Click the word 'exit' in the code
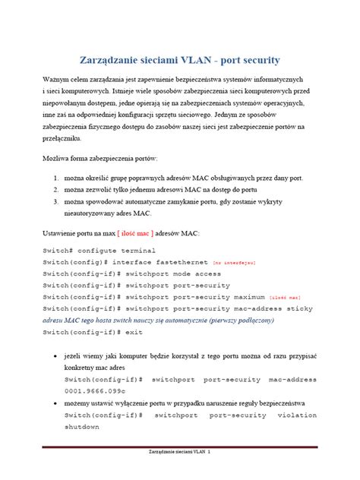click(x=134, y=332)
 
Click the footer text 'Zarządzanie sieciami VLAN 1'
click(x=179, y=473)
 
